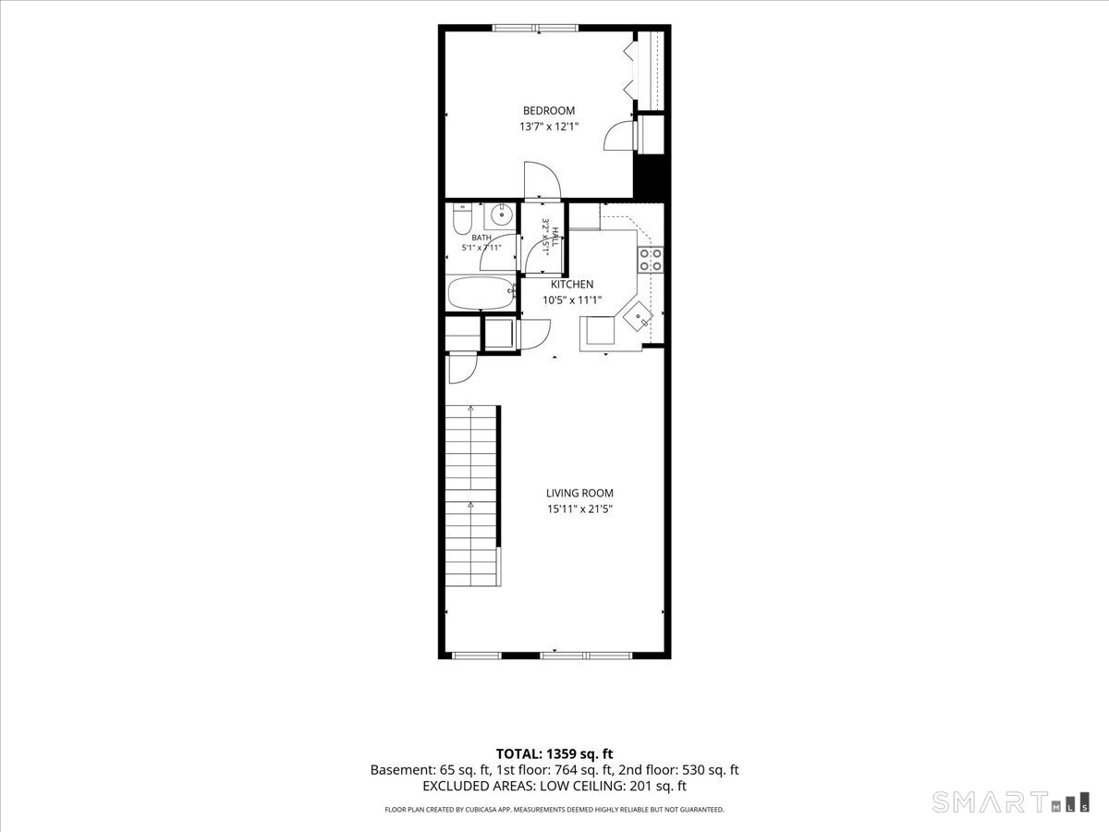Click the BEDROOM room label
click(x=549, y=111)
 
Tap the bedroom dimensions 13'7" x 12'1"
click(x=549, y=127)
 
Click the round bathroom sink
click(x=502, y=215)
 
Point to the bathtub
click(x=481, y=293)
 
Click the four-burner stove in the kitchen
click(x=651, y=260)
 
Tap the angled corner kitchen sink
click(x=638, y=316)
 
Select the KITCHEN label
click(x=572, y=285)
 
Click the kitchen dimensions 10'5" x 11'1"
click(x=572, y=300)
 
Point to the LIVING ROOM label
click(x=579, y=493)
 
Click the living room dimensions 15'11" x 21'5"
click(x=579, y=508)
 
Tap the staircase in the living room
click(x=473, y=496)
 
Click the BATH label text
click(x=481, y=238)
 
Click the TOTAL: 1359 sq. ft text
click(x=554, y=754)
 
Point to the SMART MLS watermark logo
click(x=1010, y=801)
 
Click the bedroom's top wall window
click(x=535, y=28)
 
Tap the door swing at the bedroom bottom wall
click(x=542, y=180)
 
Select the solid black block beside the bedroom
click(x=652, y=177)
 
